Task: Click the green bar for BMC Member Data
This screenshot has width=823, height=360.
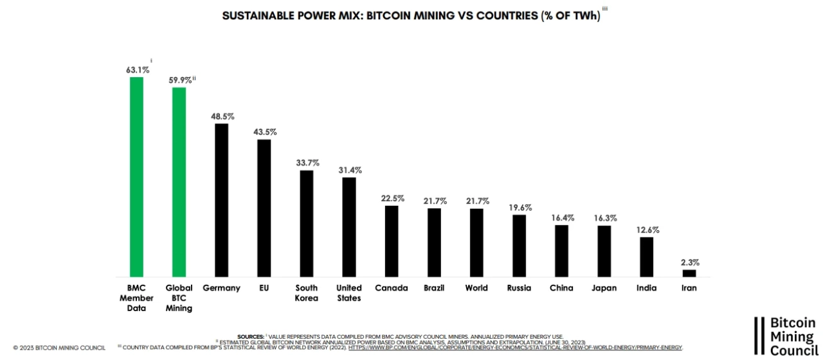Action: pyautogui.click(x=136, y=177)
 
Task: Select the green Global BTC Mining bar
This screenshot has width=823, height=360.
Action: pyautogui.click(x=179, y=182)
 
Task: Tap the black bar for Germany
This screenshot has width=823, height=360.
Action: pyautogui.click(x=221, y=200)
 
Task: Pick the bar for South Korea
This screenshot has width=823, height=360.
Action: pyautogui.click(x=307, y=224)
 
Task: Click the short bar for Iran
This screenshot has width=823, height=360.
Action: pyautogui.click(x=689, y=273)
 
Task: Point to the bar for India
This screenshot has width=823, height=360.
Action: pyautogui.click(x=646, y=257)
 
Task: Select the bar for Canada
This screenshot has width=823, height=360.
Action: pyautogui.click(x=392, y=241)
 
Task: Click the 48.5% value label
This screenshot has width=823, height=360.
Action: pyautogui.click(x=222, y=116)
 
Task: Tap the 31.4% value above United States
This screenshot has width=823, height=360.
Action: pyautogui.click(x=349, y=170)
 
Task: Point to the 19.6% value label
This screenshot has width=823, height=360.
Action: pyautogui.click(x=519, y=208)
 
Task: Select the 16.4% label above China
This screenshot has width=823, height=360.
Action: pyautogui.click(x=561, y=218)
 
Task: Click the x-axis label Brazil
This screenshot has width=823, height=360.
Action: pyautogui.click(x=434, y=288)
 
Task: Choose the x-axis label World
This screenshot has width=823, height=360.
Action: pyautogui.click(x=476, y=288)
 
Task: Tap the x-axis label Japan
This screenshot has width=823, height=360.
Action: pyautogui.click(x=604, y=288)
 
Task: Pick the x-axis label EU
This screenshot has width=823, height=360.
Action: pyautogui.click(x=264, y=288)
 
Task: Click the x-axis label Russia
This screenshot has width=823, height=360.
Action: pyautogui.click(x=519, y=288)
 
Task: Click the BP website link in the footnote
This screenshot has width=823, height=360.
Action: pyautogui.click(x=515, y=348)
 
